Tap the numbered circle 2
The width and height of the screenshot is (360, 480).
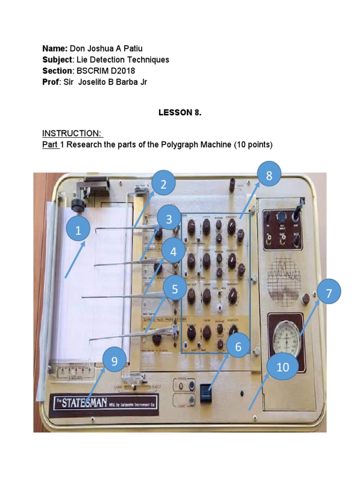tap(163, 185)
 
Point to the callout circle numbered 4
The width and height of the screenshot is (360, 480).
tap(173, 252)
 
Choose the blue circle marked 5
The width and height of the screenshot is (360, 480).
tap(174, 290)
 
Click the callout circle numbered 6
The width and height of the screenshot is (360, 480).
tap(238, 347)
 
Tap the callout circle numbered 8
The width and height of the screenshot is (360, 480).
tap(269, 176)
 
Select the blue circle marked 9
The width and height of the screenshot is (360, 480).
tap(113, 361)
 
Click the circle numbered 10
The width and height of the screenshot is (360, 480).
tap(283, 367)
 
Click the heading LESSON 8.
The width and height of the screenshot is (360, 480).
tap(180, 112)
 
